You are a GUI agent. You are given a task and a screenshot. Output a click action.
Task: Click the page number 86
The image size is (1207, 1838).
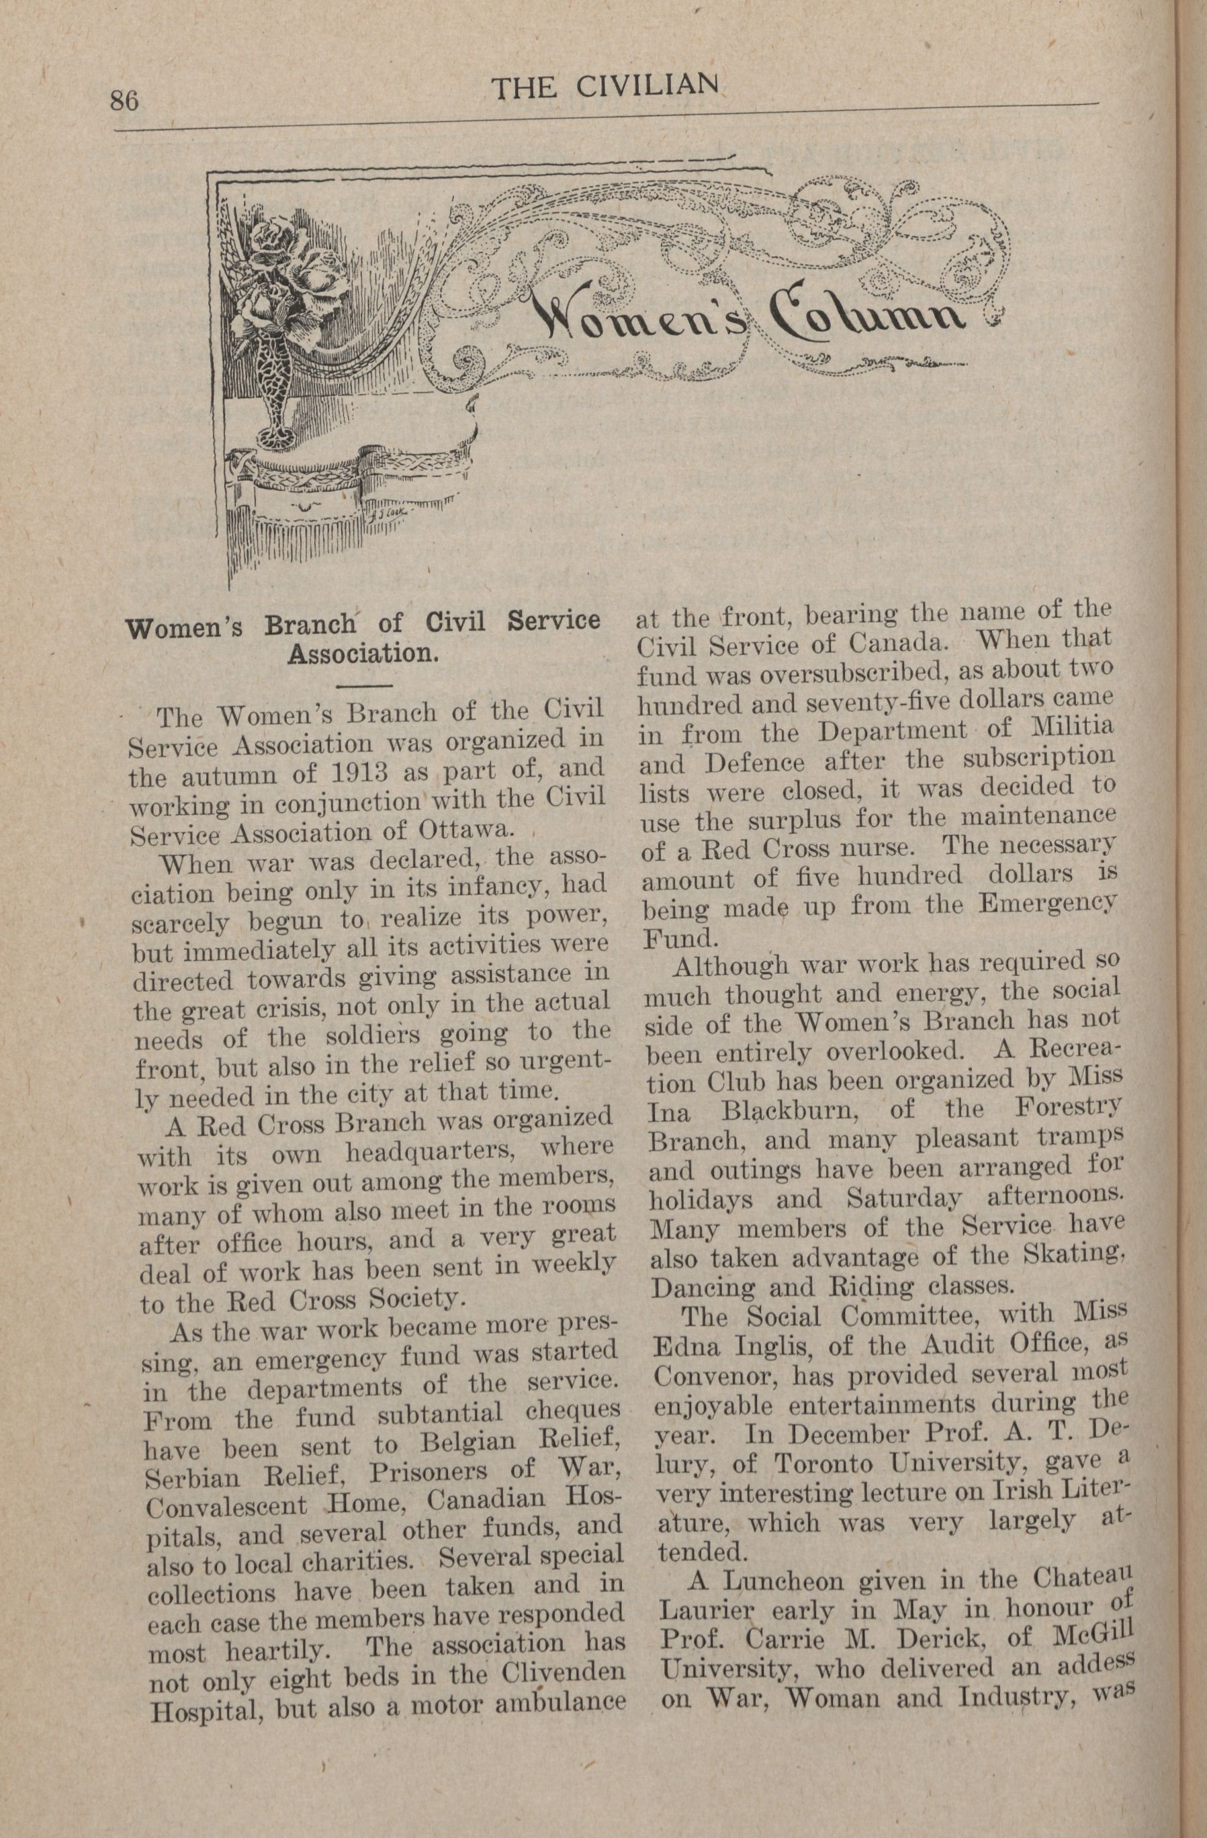(x=124, y=101)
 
